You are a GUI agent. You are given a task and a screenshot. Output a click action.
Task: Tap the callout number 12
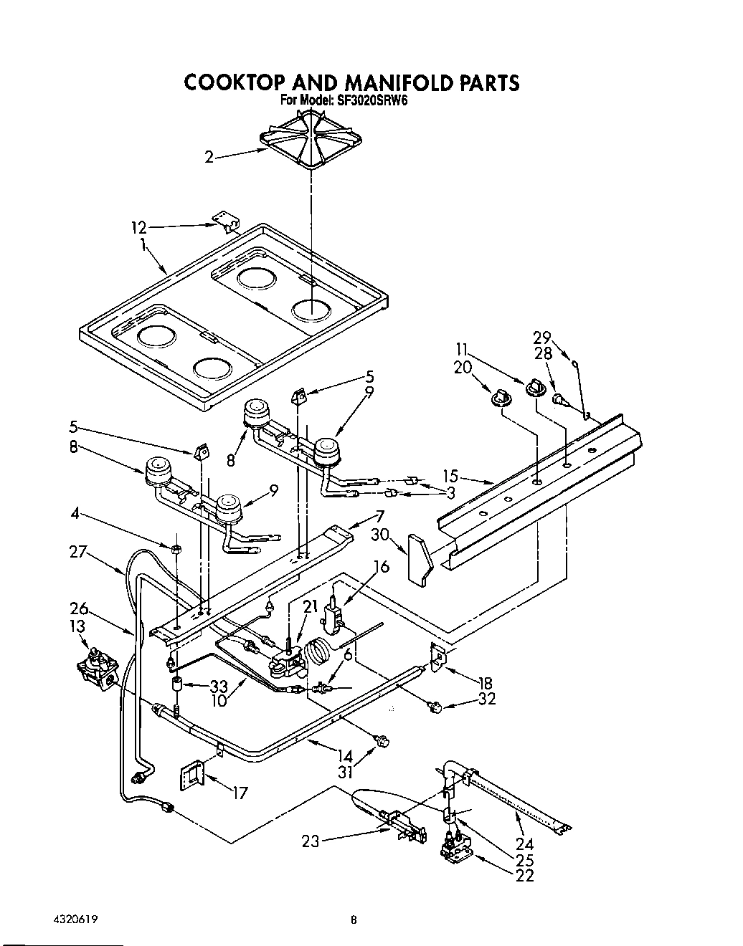(138, 228)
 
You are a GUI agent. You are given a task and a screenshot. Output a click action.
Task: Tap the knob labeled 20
(501, 395)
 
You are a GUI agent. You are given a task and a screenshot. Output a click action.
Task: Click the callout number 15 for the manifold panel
(450, 474)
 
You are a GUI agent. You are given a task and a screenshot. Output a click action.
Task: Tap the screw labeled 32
(433, 708)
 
